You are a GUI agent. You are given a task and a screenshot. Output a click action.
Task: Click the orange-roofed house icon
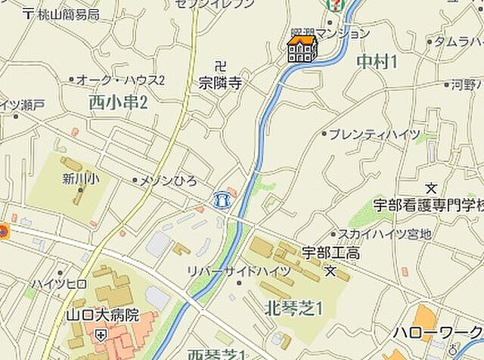(302, 48)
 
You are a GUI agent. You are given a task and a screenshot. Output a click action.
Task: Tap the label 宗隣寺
(220, 83)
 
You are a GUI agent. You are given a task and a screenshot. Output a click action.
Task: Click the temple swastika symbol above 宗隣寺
(220, 66)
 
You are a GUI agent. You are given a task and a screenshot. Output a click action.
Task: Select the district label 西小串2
(117, 101)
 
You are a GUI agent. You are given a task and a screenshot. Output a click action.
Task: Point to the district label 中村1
(376, 62)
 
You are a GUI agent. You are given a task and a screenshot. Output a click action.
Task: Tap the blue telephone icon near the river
(221, 199)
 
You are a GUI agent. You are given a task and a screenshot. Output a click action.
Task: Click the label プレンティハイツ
(374, 134)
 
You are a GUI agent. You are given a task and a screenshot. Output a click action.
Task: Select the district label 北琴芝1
(294, 307)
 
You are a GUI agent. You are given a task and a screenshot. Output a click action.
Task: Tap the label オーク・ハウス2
(121, 80)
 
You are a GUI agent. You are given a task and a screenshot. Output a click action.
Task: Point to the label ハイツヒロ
(59, 284)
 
